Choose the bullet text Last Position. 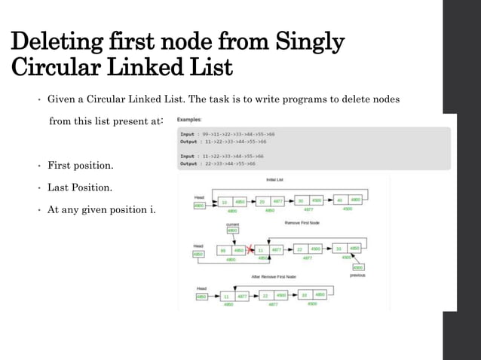coord(80,186)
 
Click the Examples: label coord(189,120)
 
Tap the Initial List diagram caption coord(274,180)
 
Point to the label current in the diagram coord(233,224)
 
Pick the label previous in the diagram coord(358,275)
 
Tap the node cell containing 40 coord(339,201)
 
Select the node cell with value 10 coord(224,201)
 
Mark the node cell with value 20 coord(262,201)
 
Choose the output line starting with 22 coord(218,163)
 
